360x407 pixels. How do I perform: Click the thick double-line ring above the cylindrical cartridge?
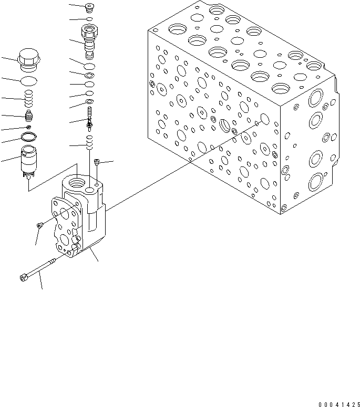click(29, 138)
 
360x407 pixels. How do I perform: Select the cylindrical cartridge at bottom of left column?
click(30, 161)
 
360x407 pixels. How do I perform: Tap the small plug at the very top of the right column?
click(89, 7)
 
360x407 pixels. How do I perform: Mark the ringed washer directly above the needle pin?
click(90, 101)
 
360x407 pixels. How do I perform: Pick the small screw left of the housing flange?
click(40, 225)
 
